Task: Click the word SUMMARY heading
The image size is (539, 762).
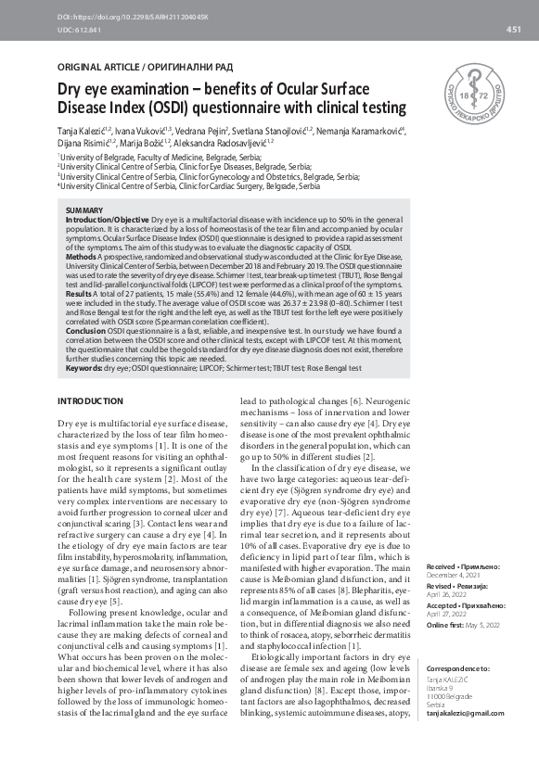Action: pos(86,211)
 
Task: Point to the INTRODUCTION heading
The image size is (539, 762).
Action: pos(90,400)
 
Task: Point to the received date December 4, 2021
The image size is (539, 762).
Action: pos(452,574)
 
